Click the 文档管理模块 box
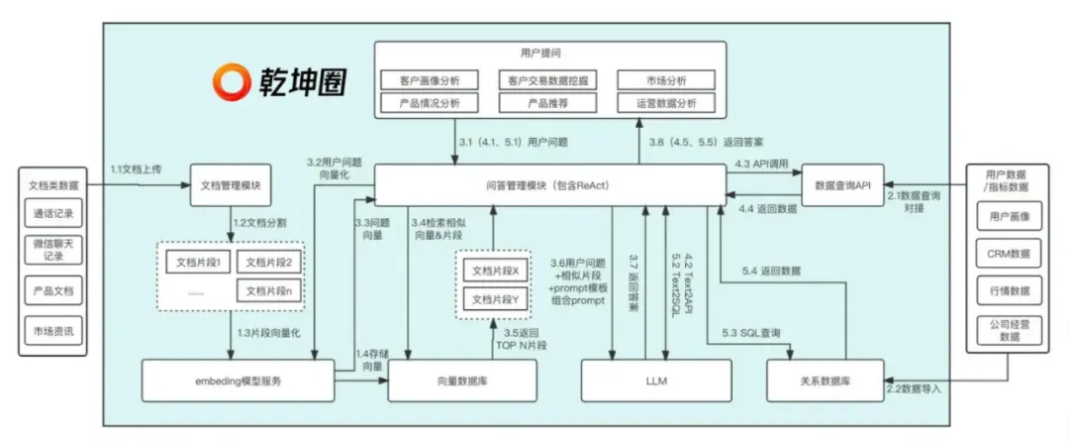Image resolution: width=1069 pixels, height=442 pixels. [x=230, y=185]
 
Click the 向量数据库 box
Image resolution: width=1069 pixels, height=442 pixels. [x=462, y=381]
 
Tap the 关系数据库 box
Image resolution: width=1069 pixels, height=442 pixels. [x=824, y=381]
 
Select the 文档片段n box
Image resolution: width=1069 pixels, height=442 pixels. [x=270, y=291]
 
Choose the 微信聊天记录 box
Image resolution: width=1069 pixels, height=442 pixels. [x=53, y=250]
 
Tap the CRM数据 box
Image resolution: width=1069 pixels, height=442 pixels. [x=1009, y=254]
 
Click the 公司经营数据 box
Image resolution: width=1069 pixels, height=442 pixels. [x=1009, y=329]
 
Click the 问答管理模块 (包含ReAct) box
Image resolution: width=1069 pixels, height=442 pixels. [x=549, y=184]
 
